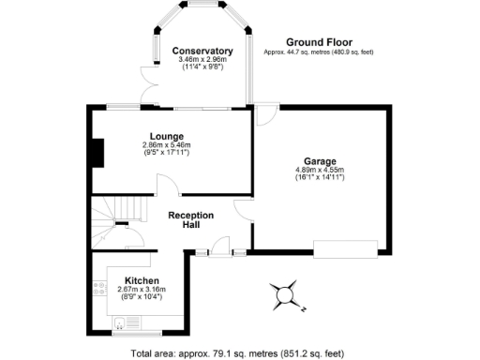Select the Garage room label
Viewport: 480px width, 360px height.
click(321, 160)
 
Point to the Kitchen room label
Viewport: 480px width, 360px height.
click(142, 280)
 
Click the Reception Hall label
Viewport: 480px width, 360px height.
click(190, 220)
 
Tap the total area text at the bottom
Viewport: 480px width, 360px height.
click(239, 353)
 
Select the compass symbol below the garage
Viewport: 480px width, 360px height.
click(283, 294)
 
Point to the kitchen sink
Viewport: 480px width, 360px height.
click(124, 325)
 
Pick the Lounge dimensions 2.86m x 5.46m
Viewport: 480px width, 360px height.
click(166, 145)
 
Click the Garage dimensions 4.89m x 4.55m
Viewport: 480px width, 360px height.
click(321, 170)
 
